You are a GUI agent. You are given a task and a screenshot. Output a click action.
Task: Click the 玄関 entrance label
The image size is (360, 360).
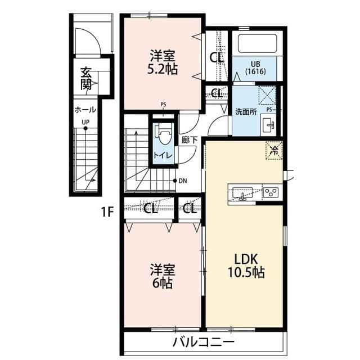pyautogui.click(x=85, y=78)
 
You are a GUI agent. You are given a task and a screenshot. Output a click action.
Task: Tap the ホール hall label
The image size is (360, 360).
pyautogui.click(x=85, y=110)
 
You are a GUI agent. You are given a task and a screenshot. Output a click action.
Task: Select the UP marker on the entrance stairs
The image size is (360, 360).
pyautogui.click(x=85, y=121)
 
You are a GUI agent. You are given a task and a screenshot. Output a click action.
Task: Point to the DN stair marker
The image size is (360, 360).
pyautogui.click(x=182, y=181)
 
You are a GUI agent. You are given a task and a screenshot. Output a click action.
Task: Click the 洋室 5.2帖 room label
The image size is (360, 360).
pyautogui.click(x=162, y=64)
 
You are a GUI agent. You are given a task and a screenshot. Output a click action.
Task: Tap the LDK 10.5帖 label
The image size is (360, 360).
pyautogui.click(x=245, y=265)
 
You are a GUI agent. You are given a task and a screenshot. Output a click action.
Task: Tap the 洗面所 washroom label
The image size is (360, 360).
pyautogui.click(x=246, y=111)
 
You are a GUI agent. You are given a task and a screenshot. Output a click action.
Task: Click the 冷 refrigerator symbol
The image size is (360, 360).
pyautogui.click(x=274, y=150)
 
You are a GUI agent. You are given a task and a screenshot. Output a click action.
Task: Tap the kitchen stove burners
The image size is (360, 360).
pyautogui.click(x=271, y=192)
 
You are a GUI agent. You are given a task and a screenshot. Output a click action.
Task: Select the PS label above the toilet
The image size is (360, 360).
pyautogui.click(x=163, y=105)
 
